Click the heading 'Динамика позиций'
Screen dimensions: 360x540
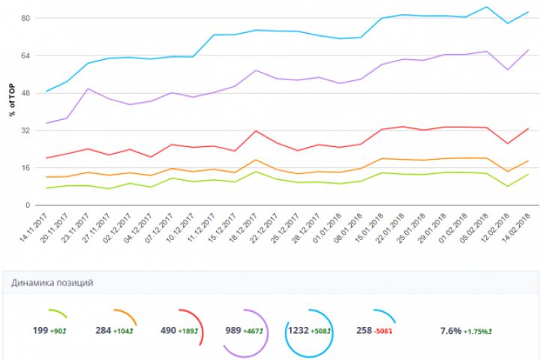click(52, 283)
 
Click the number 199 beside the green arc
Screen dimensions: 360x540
click(40, 330)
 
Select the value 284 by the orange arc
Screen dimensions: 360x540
click(104, 330)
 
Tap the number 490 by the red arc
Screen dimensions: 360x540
click(168, 330)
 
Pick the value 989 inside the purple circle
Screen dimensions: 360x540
click(234, 330)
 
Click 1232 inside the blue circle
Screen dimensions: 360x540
click(297, 330)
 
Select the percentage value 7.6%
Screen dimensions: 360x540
click(449, 330)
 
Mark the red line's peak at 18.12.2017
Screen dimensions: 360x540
click(256, 131)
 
